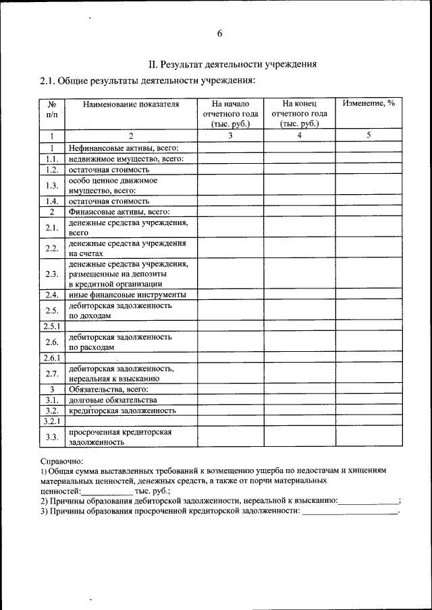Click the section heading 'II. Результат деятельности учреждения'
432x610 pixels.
233,65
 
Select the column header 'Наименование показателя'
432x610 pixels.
131,104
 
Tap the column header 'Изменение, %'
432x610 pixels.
368,104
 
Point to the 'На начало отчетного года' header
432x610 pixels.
230,113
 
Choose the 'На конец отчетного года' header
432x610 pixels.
299,113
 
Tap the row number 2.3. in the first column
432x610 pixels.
51,274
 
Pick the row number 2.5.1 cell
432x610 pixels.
51,326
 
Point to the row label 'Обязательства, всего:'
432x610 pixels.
108,389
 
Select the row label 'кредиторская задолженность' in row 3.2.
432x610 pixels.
122,410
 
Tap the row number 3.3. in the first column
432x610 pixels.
51,437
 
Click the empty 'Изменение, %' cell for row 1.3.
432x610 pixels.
369,185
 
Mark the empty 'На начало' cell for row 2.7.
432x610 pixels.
230,373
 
